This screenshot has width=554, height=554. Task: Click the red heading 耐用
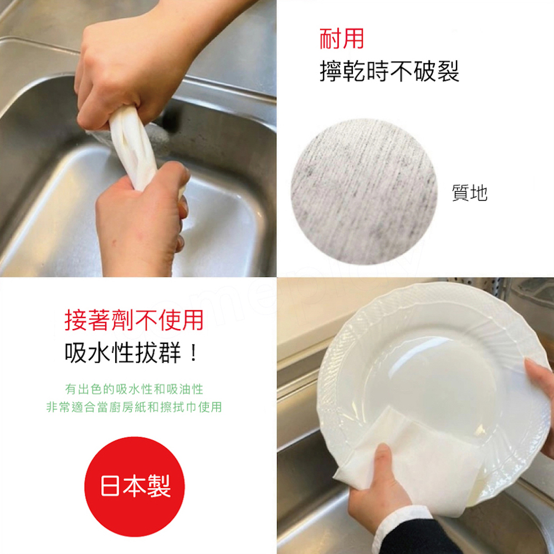coord(342,39)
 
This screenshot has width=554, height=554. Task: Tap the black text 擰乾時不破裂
coord(389,71)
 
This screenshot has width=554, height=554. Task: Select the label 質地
coord(470,193)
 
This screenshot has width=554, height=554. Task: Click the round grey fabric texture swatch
coord(364,192)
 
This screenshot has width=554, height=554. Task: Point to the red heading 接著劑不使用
coord(134,320)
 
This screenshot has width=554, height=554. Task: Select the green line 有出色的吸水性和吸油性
coord(134,389)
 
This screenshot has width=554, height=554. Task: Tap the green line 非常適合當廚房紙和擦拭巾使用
coord(134,407)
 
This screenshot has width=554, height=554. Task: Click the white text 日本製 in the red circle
coord(136,486)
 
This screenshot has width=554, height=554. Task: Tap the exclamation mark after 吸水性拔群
coord(193,353)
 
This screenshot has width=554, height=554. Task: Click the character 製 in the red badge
coord(160,486)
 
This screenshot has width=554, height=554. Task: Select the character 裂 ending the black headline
coord(448,71)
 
